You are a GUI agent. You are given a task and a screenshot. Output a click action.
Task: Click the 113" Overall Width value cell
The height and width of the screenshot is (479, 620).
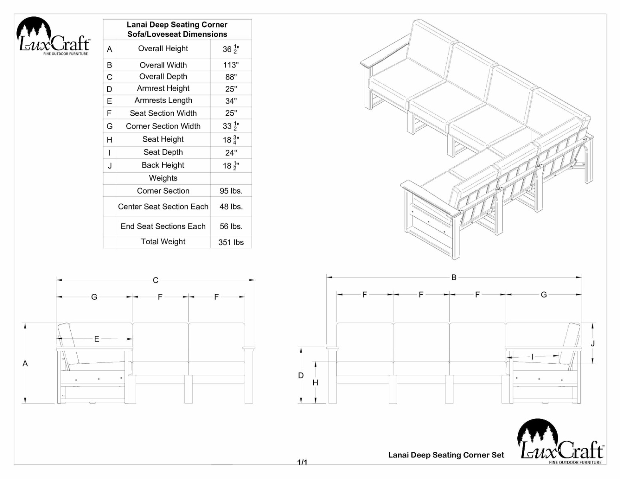pyautogui.click(x=231, y=65)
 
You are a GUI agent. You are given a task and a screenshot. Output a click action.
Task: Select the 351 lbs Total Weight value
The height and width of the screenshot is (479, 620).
pyautogui.click(x=231, y=242)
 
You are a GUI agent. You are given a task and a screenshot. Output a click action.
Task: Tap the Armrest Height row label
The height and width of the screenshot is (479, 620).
pyautogui.click(x=163, y=89)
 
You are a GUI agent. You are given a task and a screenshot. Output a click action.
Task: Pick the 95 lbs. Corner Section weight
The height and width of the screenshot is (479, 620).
pyautogui.click(x=231, y=191)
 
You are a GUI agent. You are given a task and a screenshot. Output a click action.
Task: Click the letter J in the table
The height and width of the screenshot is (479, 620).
pyautogui.click(x=109, y=166)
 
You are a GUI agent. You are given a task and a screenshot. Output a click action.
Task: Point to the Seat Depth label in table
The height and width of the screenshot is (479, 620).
pyautogui.click(x=163, y=152)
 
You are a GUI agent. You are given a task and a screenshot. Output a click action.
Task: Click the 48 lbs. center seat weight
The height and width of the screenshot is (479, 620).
pyautogui.click(x=231, y=207)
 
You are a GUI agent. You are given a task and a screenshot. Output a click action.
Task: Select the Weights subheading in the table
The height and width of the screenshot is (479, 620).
pyautogui.click(x=163, y=178)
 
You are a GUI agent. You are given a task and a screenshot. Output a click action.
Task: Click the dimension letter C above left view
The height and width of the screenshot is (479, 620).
pyautogui.click(x=155, y=280)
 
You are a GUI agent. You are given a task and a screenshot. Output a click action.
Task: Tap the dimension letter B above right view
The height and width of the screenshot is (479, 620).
pyautogui.click(x=454, y=277)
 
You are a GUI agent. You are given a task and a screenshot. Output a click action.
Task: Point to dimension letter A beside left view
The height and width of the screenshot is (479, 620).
pyautogui.click(x=25, y=363)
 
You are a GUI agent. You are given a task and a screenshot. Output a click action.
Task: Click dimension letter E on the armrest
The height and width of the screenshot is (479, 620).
pyautogui.click(x=97, y=339)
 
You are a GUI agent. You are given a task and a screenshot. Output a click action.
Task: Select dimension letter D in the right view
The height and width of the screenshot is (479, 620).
pyautogui.click(x=301, y=375)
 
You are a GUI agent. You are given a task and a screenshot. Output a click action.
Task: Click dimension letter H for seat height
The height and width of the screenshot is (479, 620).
pyautogui.click(x=315, y=382)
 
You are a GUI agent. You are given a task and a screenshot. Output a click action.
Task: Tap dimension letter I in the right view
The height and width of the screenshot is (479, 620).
pyautogui.click(x=533, y=356)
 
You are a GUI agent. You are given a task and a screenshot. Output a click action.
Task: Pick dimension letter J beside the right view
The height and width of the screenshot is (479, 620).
pyautogui.click(x=592, y=343)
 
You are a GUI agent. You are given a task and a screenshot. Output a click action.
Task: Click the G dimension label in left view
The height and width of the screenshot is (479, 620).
pyautogui.click(x=94, y=297)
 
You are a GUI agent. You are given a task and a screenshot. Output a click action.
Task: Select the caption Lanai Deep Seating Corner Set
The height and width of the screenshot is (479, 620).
pyautogui.click(x=446, y=455)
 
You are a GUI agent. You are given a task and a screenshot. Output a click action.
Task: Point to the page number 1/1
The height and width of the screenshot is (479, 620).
pyautogui.click(x=302, y=462)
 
